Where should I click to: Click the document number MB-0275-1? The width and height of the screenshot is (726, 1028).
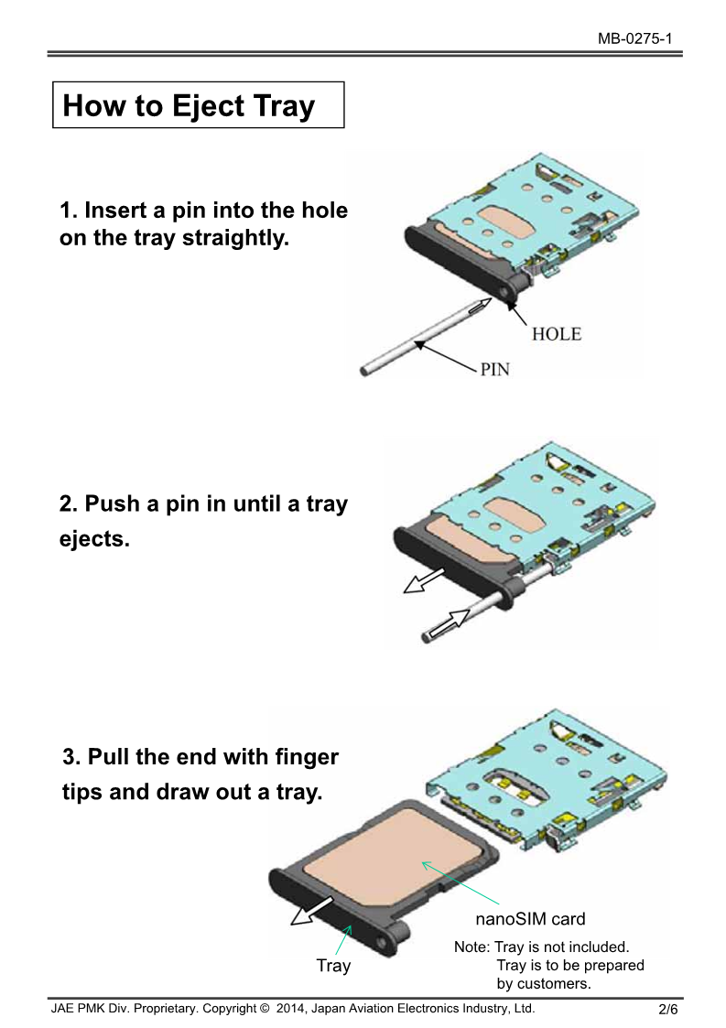click(634, 38)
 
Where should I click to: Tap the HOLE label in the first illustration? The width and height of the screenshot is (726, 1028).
click(556, 334)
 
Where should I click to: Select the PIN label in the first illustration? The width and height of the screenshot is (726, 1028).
click(494, 370)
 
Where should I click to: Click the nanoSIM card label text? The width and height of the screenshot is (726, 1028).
click(530, 919)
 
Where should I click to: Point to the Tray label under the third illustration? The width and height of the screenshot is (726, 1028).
click(333, 966)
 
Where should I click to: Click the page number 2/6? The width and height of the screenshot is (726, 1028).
click(667, 1009)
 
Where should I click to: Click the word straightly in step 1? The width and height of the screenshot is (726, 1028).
click(235, 238)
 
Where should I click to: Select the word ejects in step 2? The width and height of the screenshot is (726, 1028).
click(94, 539)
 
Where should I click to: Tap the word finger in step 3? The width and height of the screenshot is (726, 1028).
click(307, 757)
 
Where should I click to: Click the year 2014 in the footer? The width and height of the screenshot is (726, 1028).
click(290, 1009)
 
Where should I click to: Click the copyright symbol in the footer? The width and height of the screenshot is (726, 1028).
click(265, 1009)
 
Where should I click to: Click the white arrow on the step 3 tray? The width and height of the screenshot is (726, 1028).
click(311, 911)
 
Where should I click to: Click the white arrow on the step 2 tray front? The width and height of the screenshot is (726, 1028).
click(424, 580)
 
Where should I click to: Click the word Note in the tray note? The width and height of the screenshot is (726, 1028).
click(471, 947)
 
